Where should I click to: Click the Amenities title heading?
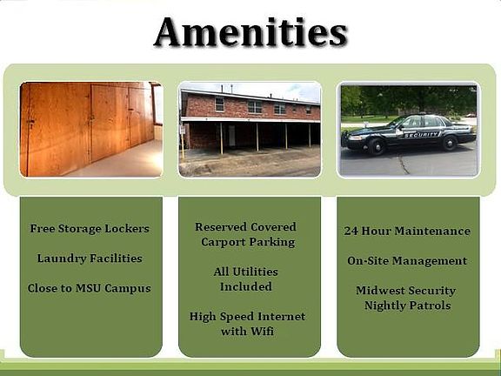pos(250,32)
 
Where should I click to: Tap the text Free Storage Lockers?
pos(90,229)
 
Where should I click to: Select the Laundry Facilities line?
pos(90,258)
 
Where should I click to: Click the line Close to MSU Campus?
pos(90,288)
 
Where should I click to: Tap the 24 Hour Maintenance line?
pos(407,231)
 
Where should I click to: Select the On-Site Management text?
pos(407,260)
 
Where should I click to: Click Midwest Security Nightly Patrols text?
pos(408,298)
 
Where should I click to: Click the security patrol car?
pos(409,133)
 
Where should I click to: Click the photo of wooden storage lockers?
pos(90,129)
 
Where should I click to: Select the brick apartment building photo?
pos(250,129)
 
